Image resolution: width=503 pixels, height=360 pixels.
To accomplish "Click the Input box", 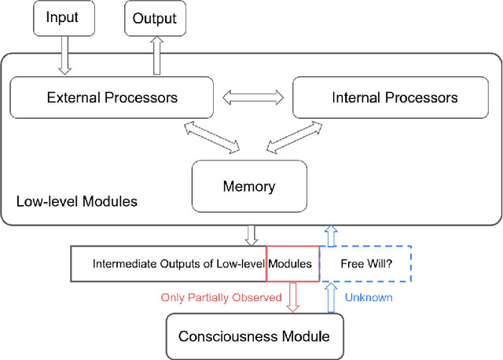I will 63,18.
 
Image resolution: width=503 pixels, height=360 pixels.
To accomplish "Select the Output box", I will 156,18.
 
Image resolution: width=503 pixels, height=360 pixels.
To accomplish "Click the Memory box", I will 249,186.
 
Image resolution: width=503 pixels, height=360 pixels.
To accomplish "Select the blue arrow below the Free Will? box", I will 331,297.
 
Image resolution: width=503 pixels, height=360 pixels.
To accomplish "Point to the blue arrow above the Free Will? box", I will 331,235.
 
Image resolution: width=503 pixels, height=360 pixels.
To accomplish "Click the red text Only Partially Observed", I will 221,298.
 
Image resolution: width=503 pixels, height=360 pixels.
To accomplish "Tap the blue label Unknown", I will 368,298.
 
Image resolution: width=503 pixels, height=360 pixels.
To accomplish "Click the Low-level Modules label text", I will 77,202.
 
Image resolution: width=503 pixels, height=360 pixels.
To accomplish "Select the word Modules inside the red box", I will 292,264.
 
